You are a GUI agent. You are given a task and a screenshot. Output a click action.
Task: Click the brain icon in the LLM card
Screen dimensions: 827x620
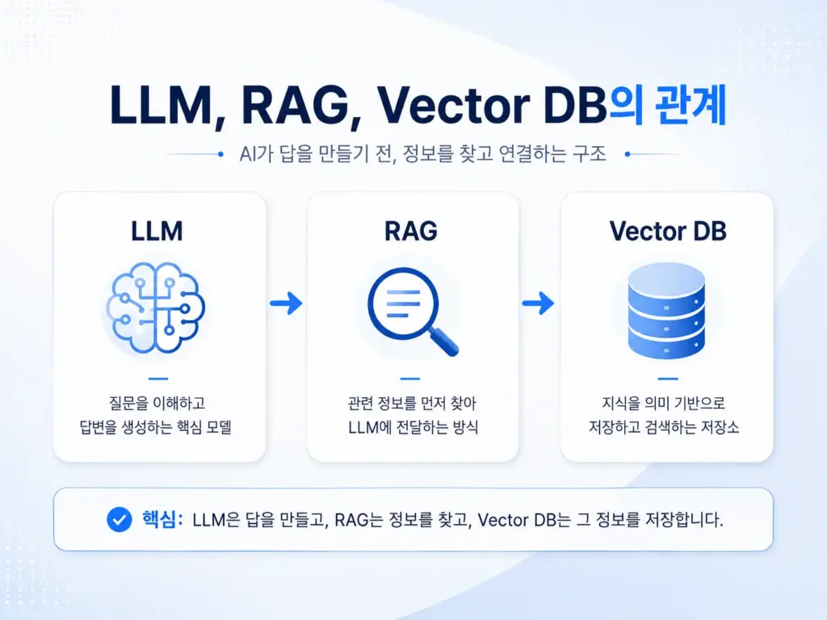156,308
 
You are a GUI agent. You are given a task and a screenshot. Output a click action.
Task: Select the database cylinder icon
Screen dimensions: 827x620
666,311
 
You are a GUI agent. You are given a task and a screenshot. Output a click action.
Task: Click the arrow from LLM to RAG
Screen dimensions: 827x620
286,304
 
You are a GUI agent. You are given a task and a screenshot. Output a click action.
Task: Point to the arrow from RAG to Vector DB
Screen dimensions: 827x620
538,304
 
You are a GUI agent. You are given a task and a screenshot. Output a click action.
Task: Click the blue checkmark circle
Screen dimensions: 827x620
120,520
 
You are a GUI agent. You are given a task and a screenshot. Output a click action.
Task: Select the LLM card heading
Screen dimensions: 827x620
157,232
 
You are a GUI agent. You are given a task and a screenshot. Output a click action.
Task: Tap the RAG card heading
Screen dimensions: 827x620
411,232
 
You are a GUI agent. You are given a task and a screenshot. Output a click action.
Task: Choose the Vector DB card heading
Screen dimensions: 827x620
668,232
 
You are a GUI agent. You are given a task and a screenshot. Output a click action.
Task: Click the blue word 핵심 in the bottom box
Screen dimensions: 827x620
159,520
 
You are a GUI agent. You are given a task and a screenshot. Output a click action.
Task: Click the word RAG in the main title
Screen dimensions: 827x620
296,106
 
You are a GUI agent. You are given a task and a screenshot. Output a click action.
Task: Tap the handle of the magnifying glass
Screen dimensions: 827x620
443,341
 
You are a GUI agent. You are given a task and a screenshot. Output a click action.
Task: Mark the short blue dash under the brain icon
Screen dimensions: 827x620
158,379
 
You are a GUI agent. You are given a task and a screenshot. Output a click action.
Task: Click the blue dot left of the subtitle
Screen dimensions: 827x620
220,154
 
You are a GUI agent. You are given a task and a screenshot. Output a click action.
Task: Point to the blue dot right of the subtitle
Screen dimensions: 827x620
628,154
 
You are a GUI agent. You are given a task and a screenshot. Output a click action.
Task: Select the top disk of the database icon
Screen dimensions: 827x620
666,279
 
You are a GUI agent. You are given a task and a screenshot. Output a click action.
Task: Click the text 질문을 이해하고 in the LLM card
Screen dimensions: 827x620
157,404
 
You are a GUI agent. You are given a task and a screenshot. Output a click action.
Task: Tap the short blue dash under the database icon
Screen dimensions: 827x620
668,379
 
